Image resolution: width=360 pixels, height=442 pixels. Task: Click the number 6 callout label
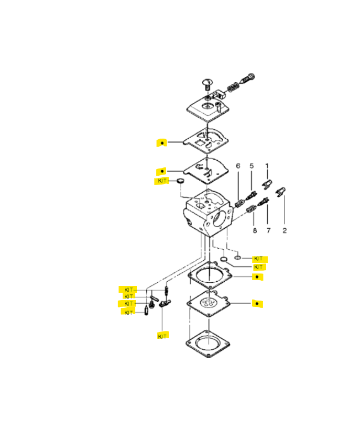pyautogui.click(x=238, y=166)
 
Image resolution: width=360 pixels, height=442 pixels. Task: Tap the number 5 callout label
pyautogui.click(x=252, y=166)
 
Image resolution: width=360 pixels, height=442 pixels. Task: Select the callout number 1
pyautogui.click(x=267, y=166)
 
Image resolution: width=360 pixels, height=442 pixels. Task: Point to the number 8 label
pyautogui.click(x=255, y=230)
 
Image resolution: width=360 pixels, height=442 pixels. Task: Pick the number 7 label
pyautogui.click(x=268, y=230)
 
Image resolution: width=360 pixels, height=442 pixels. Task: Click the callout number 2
pyautogui.click(x=284, y=230)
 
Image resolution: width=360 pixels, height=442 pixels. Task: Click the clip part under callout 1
pyautogui.click(x=267, y=185)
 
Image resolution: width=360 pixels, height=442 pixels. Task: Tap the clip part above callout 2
pyautogui.click(x=280, y=192)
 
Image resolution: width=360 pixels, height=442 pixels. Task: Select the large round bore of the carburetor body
pyautogui.click(x=219, y=219)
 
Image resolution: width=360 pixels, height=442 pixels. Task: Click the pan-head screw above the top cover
pyautogui.click(x=207, y=85)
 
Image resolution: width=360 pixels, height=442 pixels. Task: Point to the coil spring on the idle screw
pyautogui.click(x=232, y=87)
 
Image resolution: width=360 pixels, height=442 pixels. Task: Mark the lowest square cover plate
pyautogui.click(x=208, y=344)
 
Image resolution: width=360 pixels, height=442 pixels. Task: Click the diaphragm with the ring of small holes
pyautogui.click(x=208, y=303)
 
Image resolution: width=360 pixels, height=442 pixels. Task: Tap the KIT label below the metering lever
pyautogui.click(x=162, y=336)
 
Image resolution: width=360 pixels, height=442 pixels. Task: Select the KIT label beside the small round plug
pyautogui.click(x=162, y=181)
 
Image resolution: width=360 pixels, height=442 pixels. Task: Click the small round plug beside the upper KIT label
pyautogui.click(x=181, y=181)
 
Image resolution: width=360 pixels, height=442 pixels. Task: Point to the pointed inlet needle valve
pyautogui.click(x=146, y=311)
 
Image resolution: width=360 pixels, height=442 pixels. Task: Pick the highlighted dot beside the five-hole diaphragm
pyautogui.click(x=257, y=303)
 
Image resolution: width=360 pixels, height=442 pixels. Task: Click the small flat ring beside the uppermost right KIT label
pyautogui.click(x=238, y=257)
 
